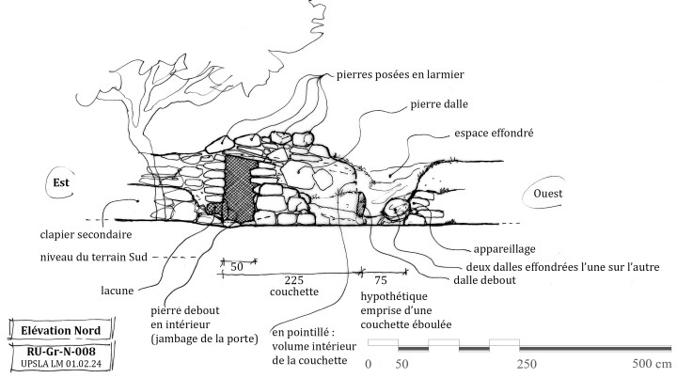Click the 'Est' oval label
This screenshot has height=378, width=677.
click(x=62, y=182)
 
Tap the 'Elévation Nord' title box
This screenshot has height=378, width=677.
click(x=61, y=330)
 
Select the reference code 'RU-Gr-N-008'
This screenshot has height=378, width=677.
click(x=61, y=349)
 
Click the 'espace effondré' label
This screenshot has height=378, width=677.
click(x=493, y=134)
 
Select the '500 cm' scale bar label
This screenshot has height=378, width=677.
click(x=651, y=364)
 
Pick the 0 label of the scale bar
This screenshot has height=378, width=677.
click(x=368, y=364)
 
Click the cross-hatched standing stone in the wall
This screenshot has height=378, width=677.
click(x=240, y=188)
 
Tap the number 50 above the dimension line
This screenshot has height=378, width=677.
click(x=238, y=267)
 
